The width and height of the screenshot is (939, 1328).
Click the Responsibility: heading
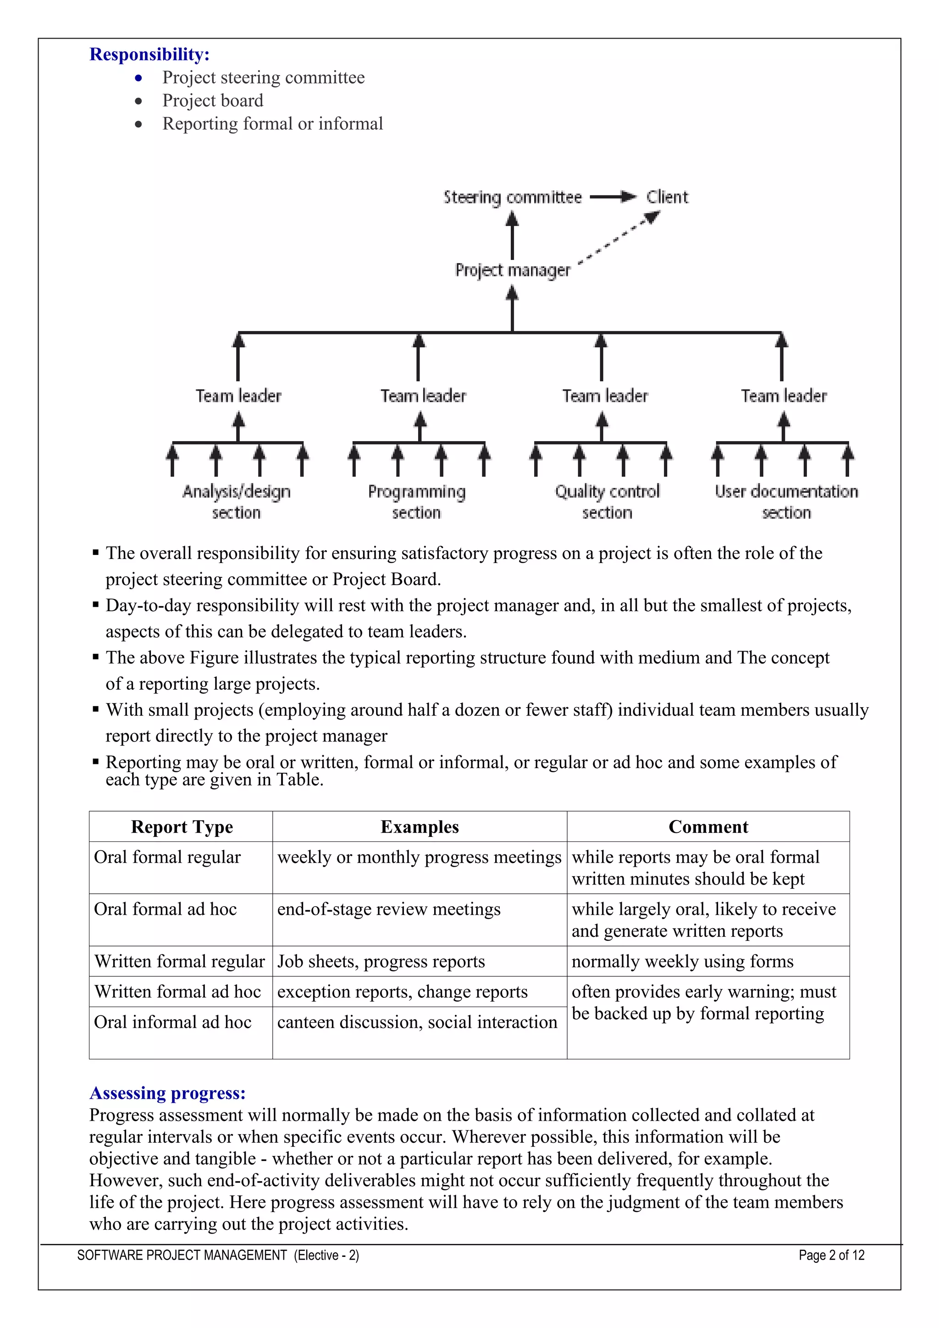pos(149,55)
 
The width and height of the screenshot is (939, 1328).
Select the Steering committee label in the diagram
pos(512,197)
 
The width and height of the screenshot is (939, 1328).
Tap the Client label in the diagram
pos(667,197)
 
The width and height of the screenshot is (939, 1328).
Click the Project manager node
pos(512,270)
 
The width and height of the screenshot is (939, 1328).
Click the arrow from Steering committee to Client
pos(613,197)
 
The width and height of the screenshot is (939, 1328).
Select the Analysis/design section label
pos(237,502)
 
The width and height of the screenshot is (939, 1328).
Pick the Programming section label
pos(416,502)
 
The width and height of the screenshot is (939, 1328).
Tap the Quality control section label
pos(607,502)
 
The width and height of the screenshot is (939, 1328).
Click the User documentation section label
pos(786,502)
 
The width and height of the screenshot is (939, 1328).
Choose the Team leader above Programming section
pos(423,396)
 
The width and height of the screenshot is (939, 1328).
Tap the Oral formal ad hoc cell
pos(166,909)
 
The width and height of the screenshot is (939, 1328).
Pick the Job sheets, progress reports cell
pos(381,961)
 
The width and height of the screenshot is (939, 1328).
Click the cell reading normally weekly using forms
pos(682,961)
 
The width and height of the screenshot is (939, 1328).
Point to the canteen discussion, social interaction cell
pos(417,1022)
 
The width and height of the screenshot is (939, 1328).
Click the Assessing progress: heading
pos(168,1093)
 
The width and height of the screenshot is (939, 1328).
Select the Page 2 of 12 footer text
pos(831,1255)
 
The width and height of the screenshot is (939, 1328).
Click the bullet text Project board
pos(213,100)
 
